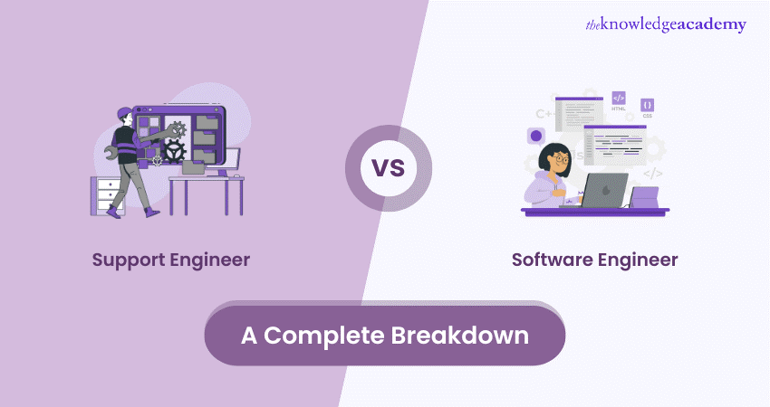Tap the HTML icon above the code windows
tap(619, 99)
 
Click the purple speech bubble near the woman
tap(536, 137)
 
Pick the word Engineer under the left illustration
tap(210, 260)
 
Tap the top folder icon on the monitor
tap(205, 119)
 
